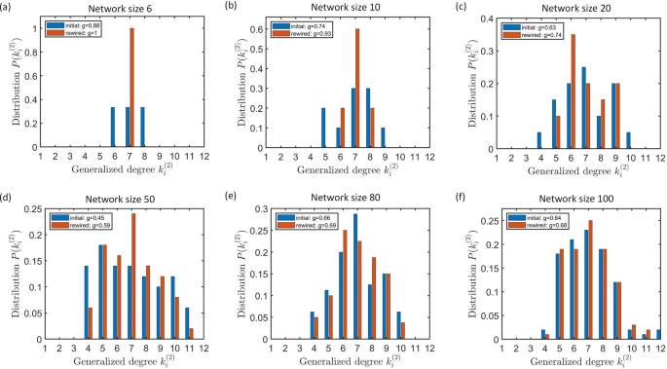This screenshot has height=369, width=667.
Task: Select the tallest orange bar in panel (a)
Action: click(x=131, y=87)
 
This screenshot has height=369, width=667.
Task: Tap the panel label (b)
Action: click(x=231, y=6)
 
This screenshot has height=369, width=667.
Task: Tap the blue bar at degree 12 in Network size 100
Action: click(x=658, y=334)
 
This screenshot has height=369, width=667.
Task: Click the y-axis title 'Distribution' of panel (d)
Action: click(x=8, y=272)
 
